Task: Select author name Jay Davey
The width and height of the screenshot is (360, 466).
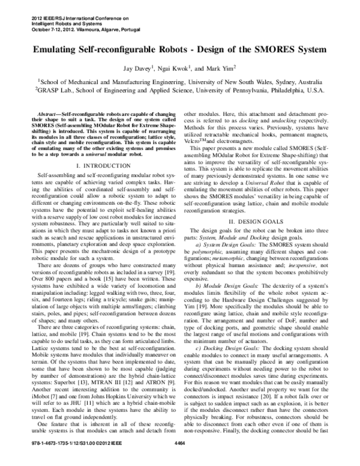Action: [139, 68]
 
